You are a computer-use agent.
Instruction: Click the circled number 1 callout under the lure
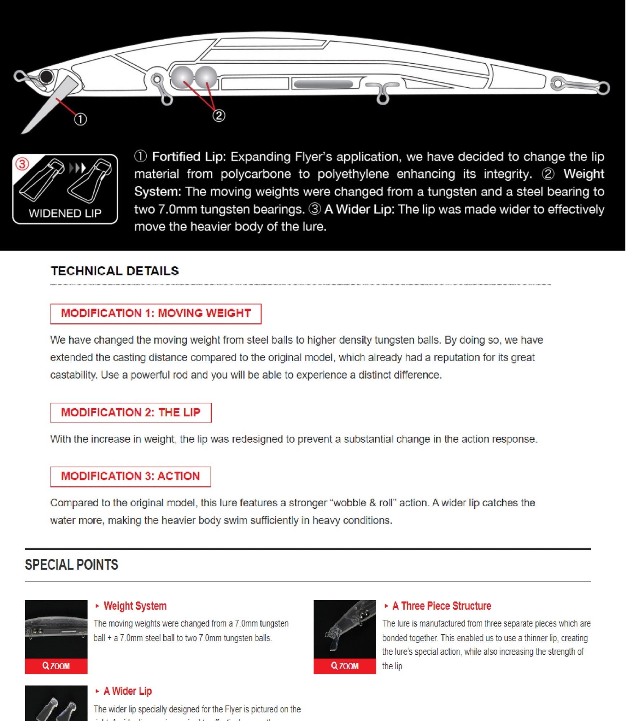point(80,119)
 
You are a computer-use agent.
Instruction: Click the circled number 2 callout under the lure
point(219,116)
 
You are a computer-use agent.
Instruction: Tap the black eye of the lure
point(47,76)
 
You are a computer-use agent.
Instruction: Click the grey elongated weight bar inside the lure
point(323,84)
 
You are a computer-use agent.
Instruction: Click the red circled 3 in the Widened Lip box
point(22,164)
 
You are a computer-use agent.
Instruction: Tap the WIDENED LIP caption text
point(65,213)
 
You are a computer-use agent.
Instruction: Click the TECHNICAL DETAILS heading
point(115,271)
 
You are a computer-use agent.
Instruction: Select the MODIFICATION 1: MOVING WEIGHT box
point(156,314)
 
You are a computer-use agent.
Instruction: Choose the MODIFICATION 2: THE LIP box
point(131,413)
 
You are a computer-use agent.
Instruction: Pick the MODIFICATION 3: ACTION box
point(130,477)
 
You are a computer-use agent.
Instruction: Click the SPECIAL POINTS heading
point(71,565)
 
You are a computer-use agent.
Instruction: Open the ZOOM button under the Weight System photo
point(56,666)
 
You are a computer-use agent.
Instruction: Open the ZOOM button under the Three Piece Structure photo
point(345,666)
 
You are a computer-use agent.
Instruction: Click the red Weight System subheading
point(135,606)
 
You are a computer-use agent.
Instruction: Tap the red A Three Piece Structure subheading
point(441,606)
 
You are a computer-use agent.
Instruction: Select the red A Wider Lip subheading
point(128,691)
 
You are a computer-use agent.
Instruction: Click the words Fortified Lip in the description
point(189,157)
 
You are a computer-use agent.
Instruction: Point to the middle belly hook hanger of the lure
point(383,93)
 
